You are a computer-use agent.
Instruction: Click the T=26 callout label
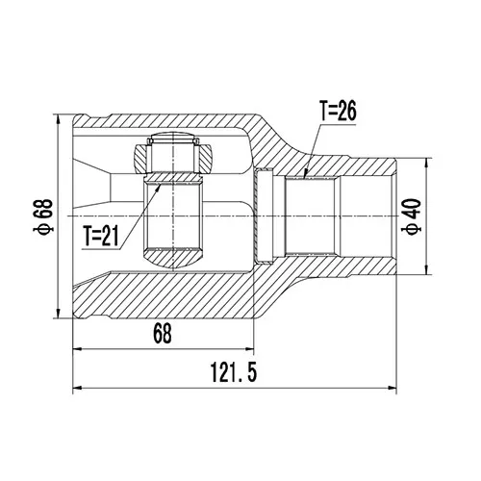point(338,112)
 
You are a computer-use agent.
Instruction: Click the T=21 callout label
point(101,236)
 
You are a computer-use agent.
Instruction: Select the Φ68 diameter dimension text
point(45,215)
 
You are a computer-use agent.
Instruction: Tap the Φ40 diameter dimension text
point(413,216)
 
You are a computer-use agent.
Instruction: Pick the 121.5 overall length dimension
point(234,372)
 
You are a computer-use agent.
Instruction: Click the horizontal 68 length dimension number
point(163,334)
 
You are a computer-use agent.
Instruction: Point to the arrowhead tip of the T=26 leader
point(305,176)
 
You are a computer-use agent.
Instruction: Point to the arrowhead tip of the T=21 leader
point(160,184)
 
